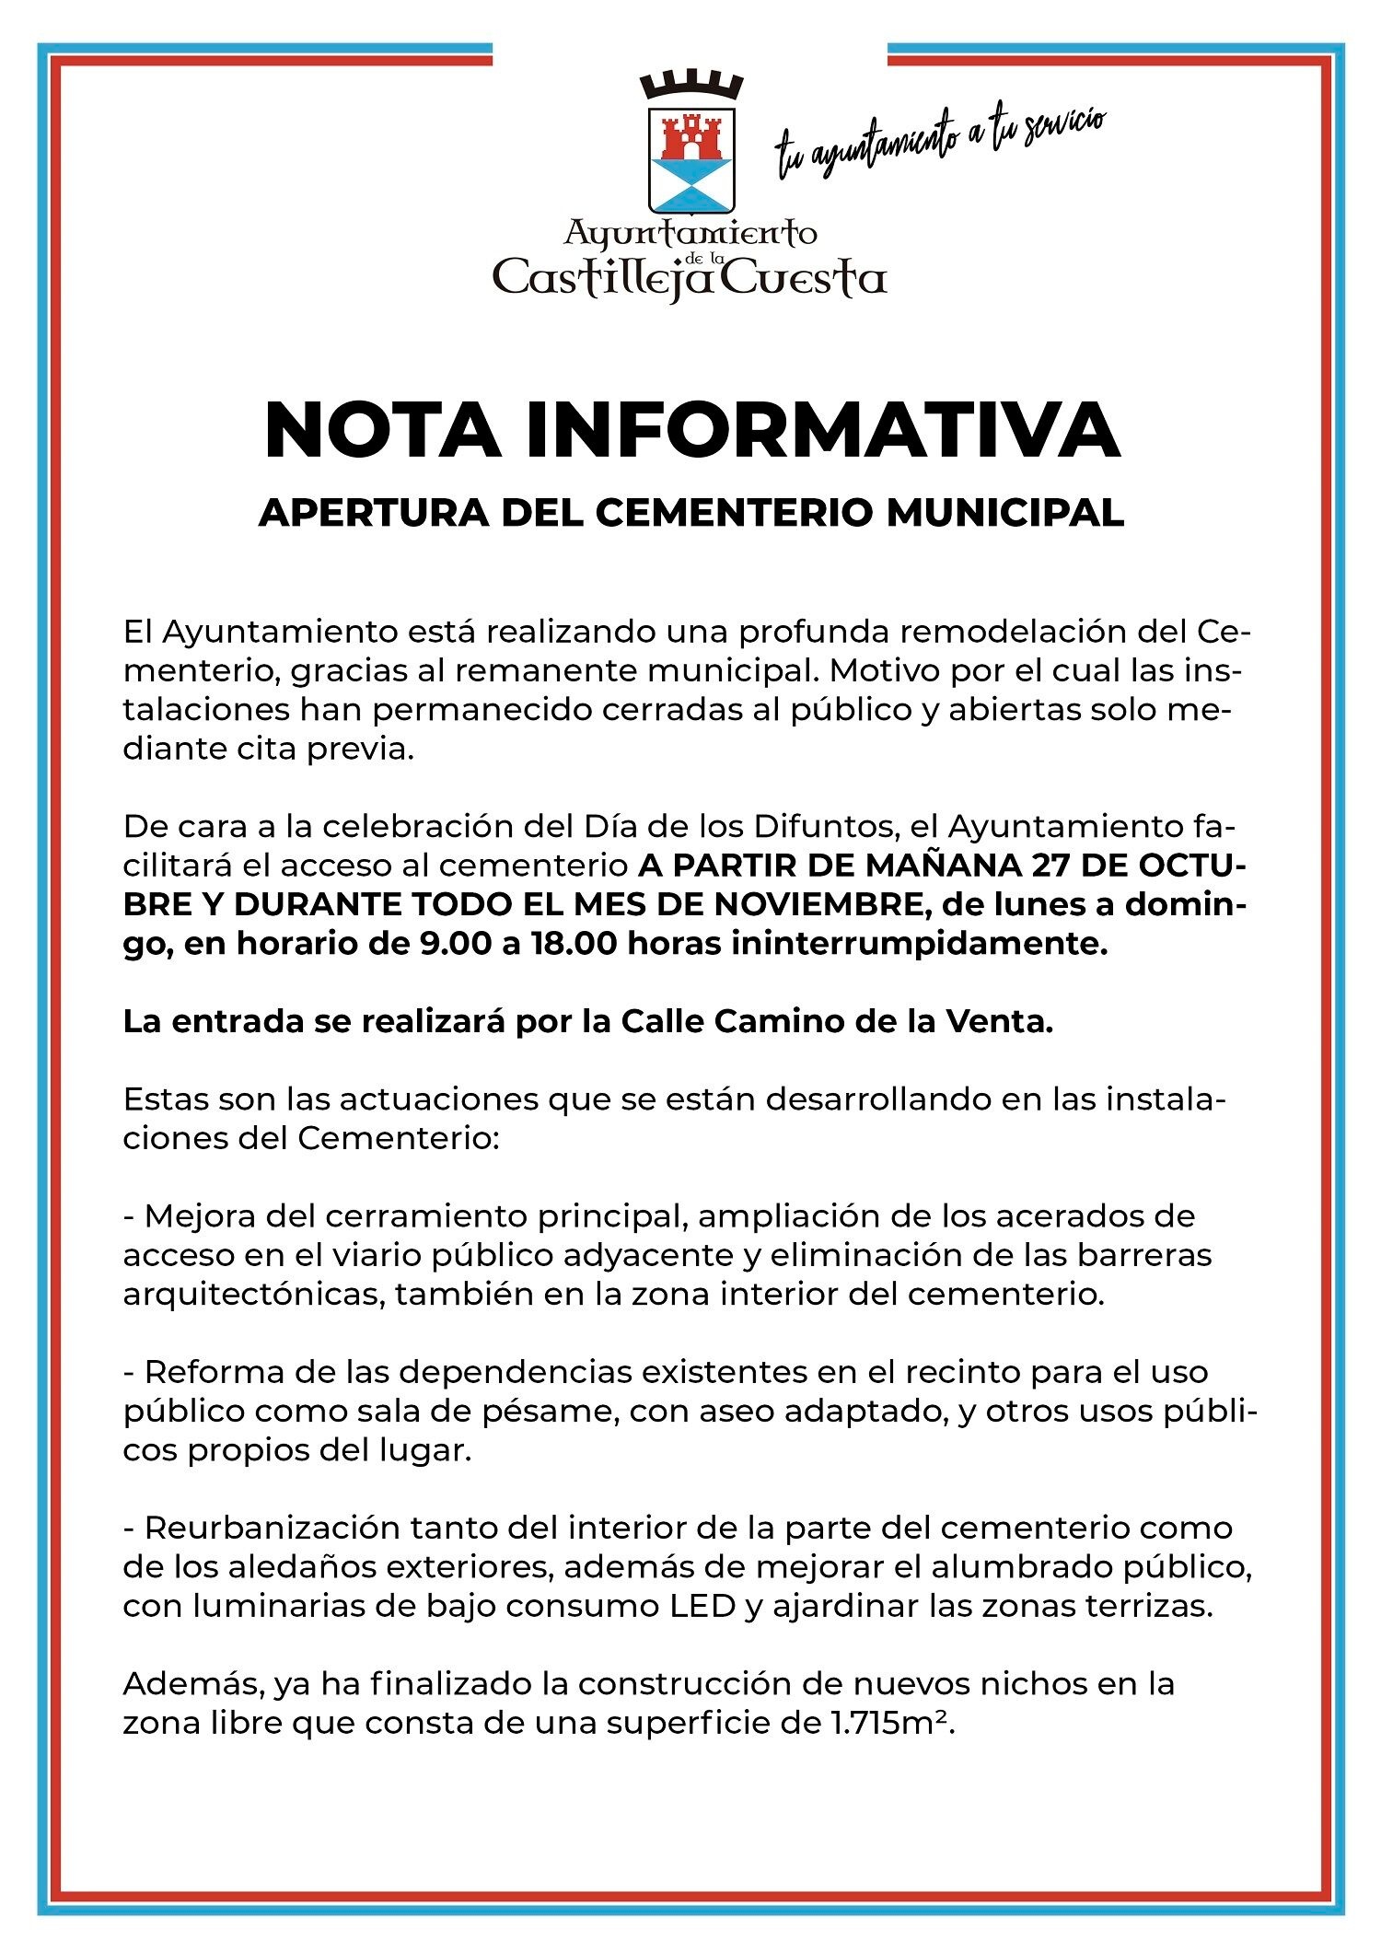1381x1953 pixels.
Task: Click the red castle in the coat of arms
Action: (x=690, y=136)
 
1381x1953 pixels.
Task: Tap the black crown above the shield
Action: (x=690, y=87)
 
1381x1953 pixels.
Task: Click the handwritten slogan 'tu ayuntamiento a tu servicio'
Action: (x=939, y=144)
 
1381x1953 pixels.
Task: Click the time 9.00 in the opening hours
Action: (x=455, y=944)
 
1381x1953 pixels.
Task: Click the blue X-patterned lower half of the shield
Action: (x=690, y=181)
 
